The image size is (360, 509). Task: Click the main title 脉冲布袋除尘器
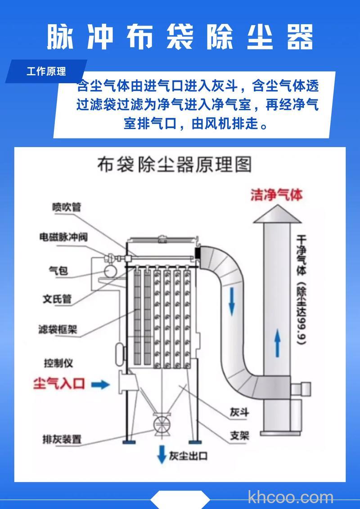[x=180, y=37]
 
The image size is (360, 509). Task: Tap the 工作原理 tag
[x=46, y=71]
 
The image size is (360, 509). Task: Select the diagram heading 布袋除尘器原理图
[x=174, y=165]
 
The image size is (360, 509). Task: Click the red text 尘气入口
[x=59, y=384]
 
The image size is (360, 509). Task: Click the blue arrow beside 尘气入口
[x=100, y=384]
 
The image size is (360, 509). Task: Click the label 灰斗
[x=239, y=412]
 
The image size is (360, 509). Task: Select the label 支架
[x=239, y=435]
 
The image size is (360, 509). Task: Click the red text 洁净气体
[x=277, y=195]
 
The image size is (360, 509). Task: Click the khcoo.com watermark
[x=291, y=497]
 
